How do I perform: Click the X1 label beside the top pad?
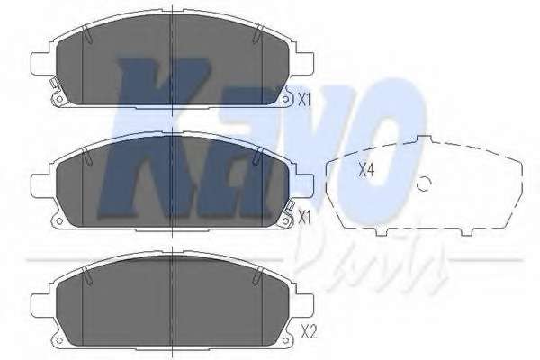304,100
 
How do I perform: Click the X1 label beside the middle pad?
304,218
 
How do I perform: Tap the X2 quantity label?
309,333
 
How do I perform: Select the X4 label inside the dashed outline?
366,170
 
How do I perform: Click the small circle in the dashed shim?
424,184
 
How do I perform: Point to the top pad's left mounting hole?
58,99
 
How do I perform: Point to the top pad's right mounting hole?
285,100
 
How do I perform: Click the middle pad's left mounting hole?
58,221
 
